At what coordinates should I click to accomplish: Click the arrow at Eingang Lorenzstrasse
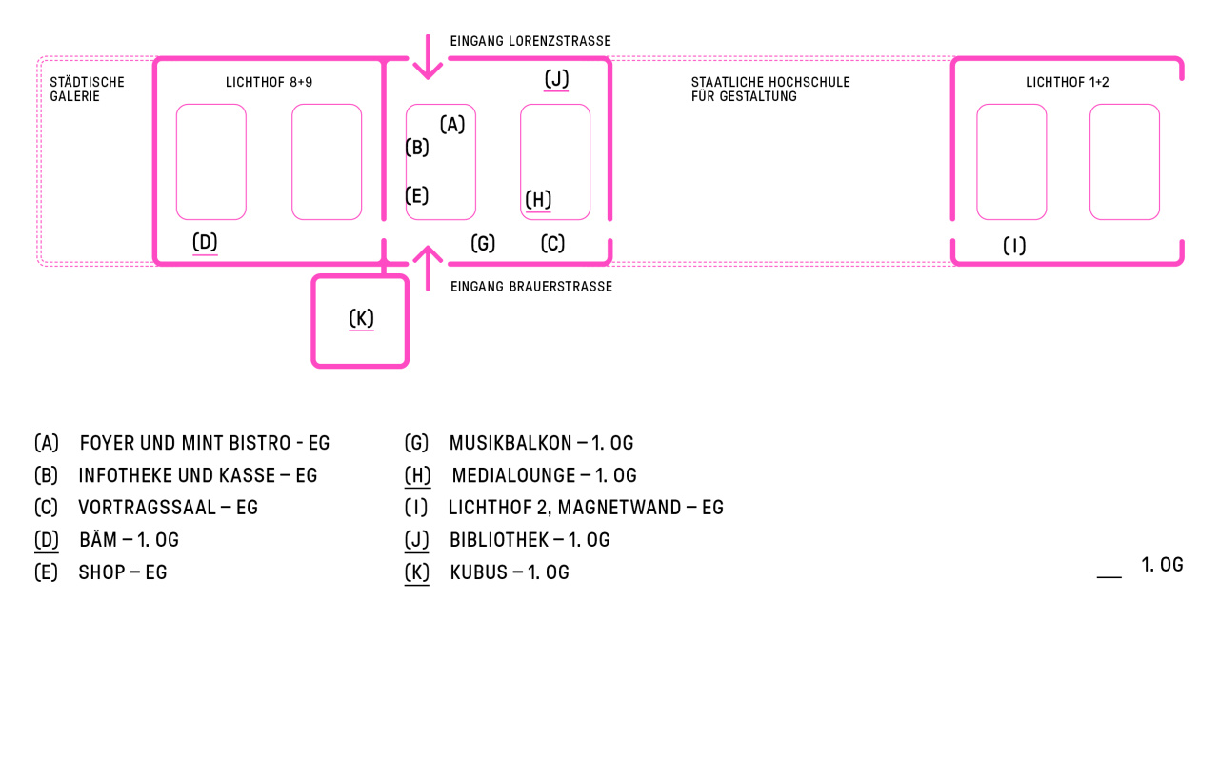(428, 57)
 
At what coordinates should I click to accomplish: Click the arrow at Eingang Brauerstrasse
(428, 268)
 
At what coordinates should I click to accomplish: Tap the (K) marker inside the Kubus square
(361, 318)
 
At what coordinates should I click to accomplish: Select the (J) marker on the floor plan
(556, 79)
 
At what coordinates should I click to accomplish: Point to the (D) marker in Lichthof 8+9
(205, 242)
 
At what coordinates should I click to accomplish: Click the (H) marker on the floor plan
(538, 200)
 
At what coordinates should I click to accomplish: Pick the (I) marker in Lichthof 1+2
(1014, 246)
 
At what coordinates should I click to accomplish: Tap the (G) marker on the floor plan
(483, 243)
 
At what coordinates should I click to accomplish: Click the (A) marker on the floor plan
(452, 125)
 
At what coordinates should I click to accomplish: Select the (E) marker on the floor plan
(417, 196)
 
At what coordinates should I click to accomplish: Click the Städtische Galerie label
(87, 90)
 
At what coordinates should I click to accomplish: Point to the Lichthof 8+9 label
(269, 82)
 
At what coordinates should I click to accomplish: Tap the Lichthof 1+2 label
(1068, 82)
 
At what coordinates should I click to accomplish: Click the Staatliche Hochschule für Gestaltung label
(770, 90)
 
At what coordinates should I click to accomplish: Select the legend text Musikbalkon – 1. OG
(542, 443)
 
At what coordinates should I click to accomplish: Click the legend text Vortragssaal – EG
(169, 508)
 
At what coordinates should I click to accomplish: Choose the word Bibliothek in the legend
(499, 540)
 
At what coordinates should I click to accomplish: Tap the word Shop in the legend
(101, 572)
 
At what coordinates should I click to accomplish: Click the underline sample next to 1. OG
(1109, 576)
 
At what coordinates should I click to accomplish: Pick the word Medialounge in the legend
(513, 475)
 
